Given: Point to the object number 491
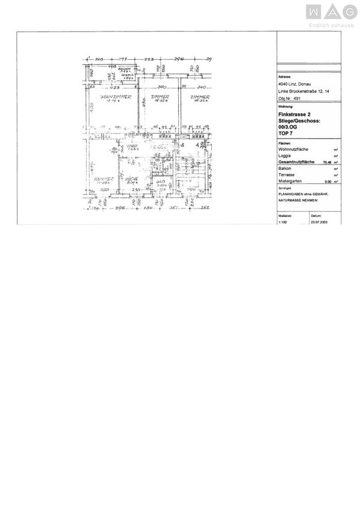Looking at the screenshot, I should (289, 97).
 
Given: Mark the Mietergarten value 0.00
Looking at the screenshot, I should (327, 181).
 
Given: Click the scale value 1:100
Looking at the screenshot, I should (283, 221).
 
